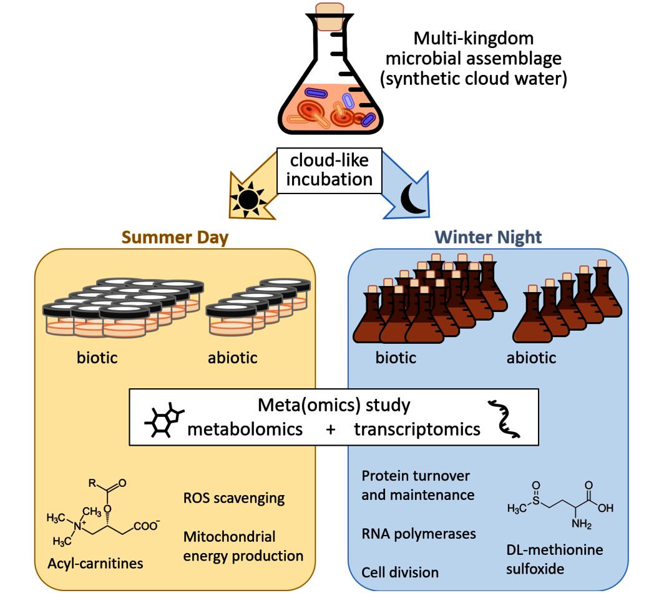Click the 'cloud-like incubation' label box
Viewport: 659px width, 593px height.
[x=329, y=170]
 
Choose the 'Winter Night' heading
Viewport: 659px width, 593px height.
[x=489, y=237]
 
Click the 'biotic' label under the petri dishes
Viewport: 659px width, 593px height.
[x=97, y=358]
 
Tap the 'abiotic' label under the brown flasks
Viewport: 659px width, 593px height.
[x=531, y=358]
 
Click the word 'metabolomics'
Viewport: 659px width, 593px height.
[x=246, y=429]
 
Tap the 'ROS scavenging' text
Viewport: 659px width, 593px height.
[x=234, y=498]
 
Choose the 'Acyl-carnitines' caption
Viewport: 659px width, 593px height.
[x=95, y=563]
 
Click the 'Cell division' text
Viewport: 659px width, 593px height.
[x=400, y=572]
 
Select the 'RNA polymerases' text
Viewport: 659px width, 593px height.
[x=419, y=534]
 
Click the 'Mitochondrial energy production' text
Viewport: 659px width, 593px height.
[x=243, y=546]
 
